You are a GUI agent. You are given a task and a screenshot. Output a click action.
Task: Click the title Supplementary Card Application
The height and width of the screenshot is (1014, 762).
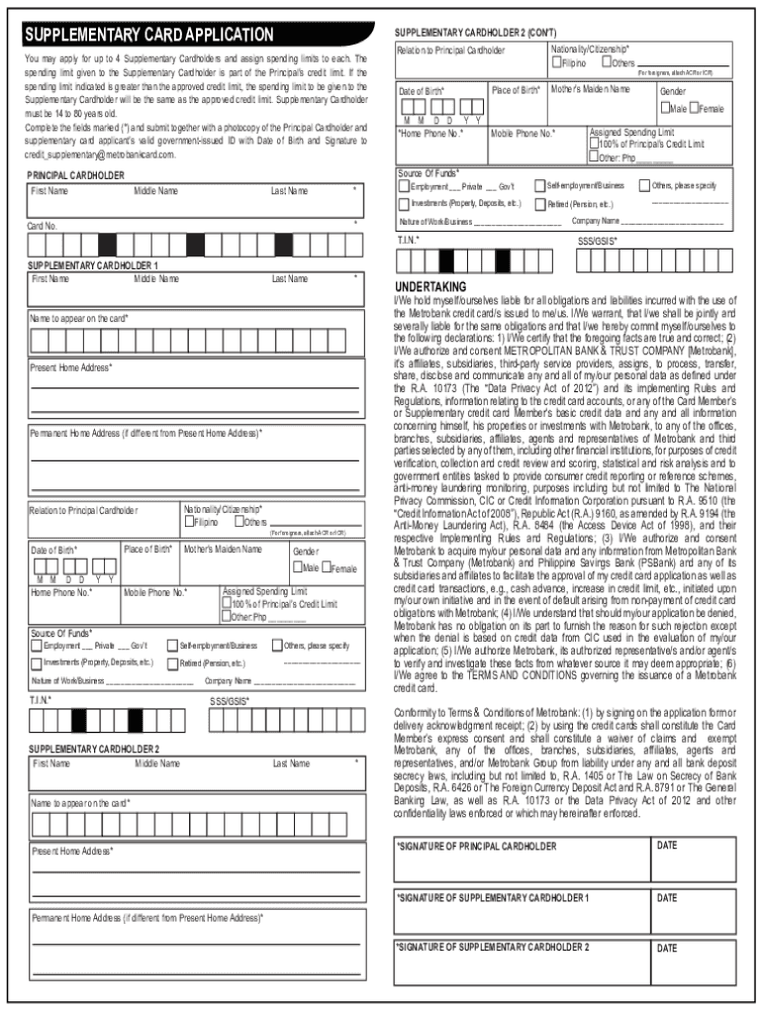coord(149,36)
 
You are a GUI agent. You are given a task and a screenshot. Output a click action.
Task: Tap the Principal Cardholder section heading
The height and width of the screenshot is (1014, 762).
coord(75,175)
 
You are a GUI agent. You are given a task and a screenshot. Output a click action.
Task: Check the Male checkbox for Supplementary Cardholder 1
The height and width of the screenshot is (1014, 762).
coord(297,568)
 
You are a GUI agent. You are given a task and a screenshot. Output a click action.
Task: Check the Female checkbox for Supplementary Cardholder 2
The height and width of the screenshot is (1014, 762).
coord(694,108)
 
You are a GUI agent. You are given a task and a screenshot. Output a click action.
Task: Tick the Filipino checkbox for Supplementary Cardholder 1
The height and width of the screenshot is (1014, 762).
coord(188,522)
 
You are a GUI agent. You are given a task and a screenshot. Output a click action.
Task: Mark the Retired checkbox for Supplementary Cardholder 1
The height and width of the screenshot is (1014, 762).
coord(174,662)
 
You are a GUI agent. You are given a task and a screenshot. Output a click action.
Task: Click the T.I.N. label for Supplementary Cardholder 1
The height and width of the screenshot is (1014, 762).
coord(42,701)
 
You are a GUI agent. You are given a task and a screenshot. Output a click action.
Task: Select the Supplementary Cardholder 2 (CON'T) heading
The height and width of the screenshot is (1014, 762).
coord(461,32)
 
